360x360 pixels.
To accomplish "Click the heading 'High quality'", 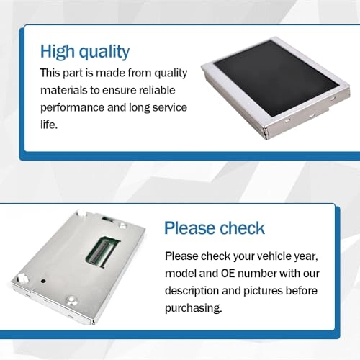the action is tap(85, 52).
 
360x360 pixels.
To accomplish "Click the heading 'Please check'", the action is tap(215, 228).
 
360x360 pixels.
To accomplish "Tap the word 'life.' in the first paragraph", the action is tap(49, 125).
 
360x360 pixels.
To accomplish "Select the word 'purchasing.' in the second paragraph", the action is tap(194, 307).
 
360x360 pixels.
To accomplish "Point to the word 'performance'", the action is tap(72, 108).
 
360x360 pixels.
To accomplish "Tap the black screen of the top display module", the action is tap(276, 77).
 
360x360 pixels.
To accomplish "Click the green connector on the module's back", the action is tap(103, 251).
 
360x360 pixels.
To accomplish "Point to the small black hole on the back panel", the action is tap(43, 281).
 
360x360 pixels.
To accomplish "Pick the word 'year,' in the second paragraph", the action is tap(306, 256).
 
